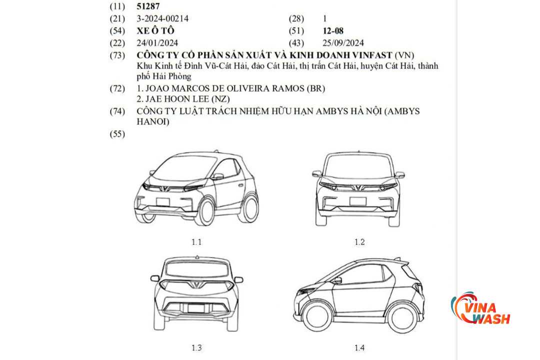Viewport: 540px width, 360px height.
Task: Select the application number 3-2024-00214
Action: [x=162, y=19]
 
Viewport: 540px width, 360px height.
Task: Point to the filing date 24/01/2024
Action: [x=157, y=43]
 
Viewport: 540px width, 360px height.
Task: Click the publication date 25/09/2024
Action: [x=343, y=43]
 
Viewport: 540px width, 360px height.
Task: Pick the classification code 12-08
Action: [x=333, y=31]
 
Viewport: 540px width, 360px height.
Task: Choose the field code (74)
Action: [x=117, y=111]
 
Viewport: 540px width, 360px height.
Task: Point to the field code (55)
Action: [x=117, y=134]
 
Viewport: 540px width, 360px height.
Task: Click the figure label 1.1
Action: [x=196, y=242]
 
